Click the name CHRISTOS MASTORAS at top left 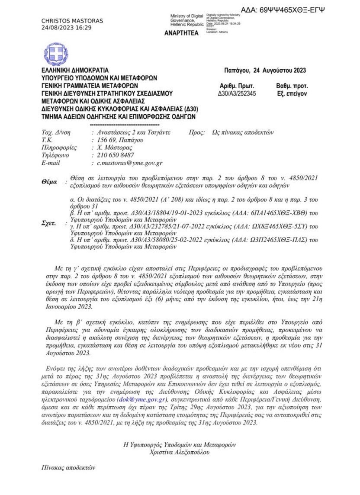(x=72, y=21)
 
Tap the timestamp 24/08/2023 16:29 (x=66, y=27)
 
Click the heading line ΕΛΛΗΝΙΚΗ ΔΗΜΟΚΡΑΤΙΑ (x=75, y=71)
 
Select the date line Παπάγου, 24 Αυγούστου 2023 (x=265, y=71)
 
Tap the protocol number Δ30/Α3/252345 (x=238, y=93)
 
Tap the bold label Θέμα (x=49, y=182)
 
